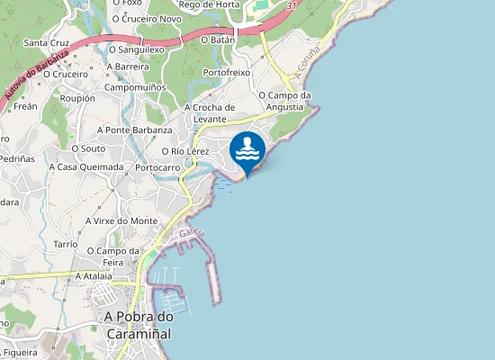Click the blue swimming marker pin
(247, 150)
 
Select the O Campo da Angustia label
(284, 100)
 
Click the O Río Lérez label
(185, 151)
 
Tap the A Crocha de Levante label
(210, 113)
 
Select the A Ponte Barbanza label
(138, 130)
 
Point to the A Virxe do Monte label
(121, 220)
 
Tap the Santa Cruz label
(47, 42)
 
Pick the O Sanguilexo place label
(137, 49)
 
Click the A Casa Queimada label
(85, 166)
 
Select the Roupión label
(76, 98)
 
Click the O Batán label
(218, 40)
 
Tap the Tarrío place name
(66, 244)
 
